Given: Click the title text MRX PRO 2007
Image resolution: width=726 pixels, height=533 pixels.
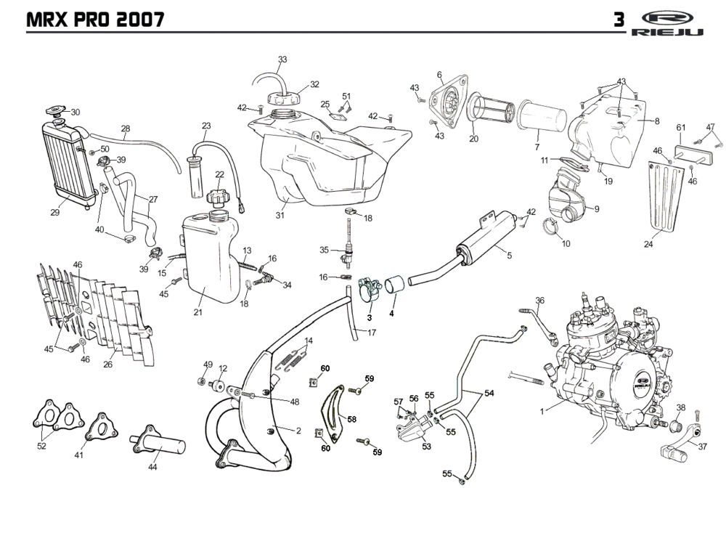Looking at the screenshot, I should [94, 19].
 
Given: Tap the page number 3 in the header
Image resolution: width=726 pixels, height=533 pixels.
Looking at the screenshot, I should [619, 20].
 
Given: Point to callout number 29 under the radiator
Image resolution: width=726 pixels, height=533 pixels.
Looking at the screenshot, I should [54, 213].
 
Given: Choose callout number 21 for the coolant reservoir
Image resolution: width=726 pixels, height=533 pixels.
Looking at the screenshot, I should [197, 312].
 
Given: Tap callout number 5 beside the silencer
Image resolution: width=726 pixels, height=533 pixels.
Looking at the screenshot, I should [509, 256].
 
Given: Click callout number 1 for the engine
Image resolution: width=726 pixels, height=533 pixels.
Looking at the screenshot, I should [542, 412].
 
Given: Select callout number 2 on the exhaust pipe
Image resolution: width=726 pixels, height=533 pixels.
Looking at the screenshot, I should [298, 430].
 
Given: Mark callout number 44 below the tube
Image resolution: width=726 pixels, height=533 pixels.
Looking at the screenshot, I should [152, 468].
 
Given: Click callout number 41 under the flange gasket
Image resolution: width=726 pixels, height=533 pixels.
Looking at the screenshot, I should [79, 455].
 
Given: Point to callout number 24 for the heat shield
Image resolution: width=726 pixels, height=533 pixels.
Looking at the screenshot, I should [648, 245].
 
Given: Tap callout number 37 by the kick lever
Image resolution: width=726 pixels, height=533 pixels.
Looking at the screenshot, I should [702, 447].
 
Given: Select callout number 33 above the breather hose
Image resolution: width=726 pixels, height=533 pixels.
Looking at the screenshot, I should [282, 59].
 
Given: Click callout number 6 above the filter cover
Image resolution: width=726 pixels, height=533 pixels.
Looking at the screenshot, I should [439, 75].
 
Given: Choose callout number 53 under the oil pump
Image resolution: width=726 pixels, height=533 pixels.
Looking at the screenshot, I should [426, 447].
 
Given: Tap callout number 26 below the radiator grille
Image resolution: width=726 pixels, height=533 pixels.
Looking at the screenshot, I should [107, 365].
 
